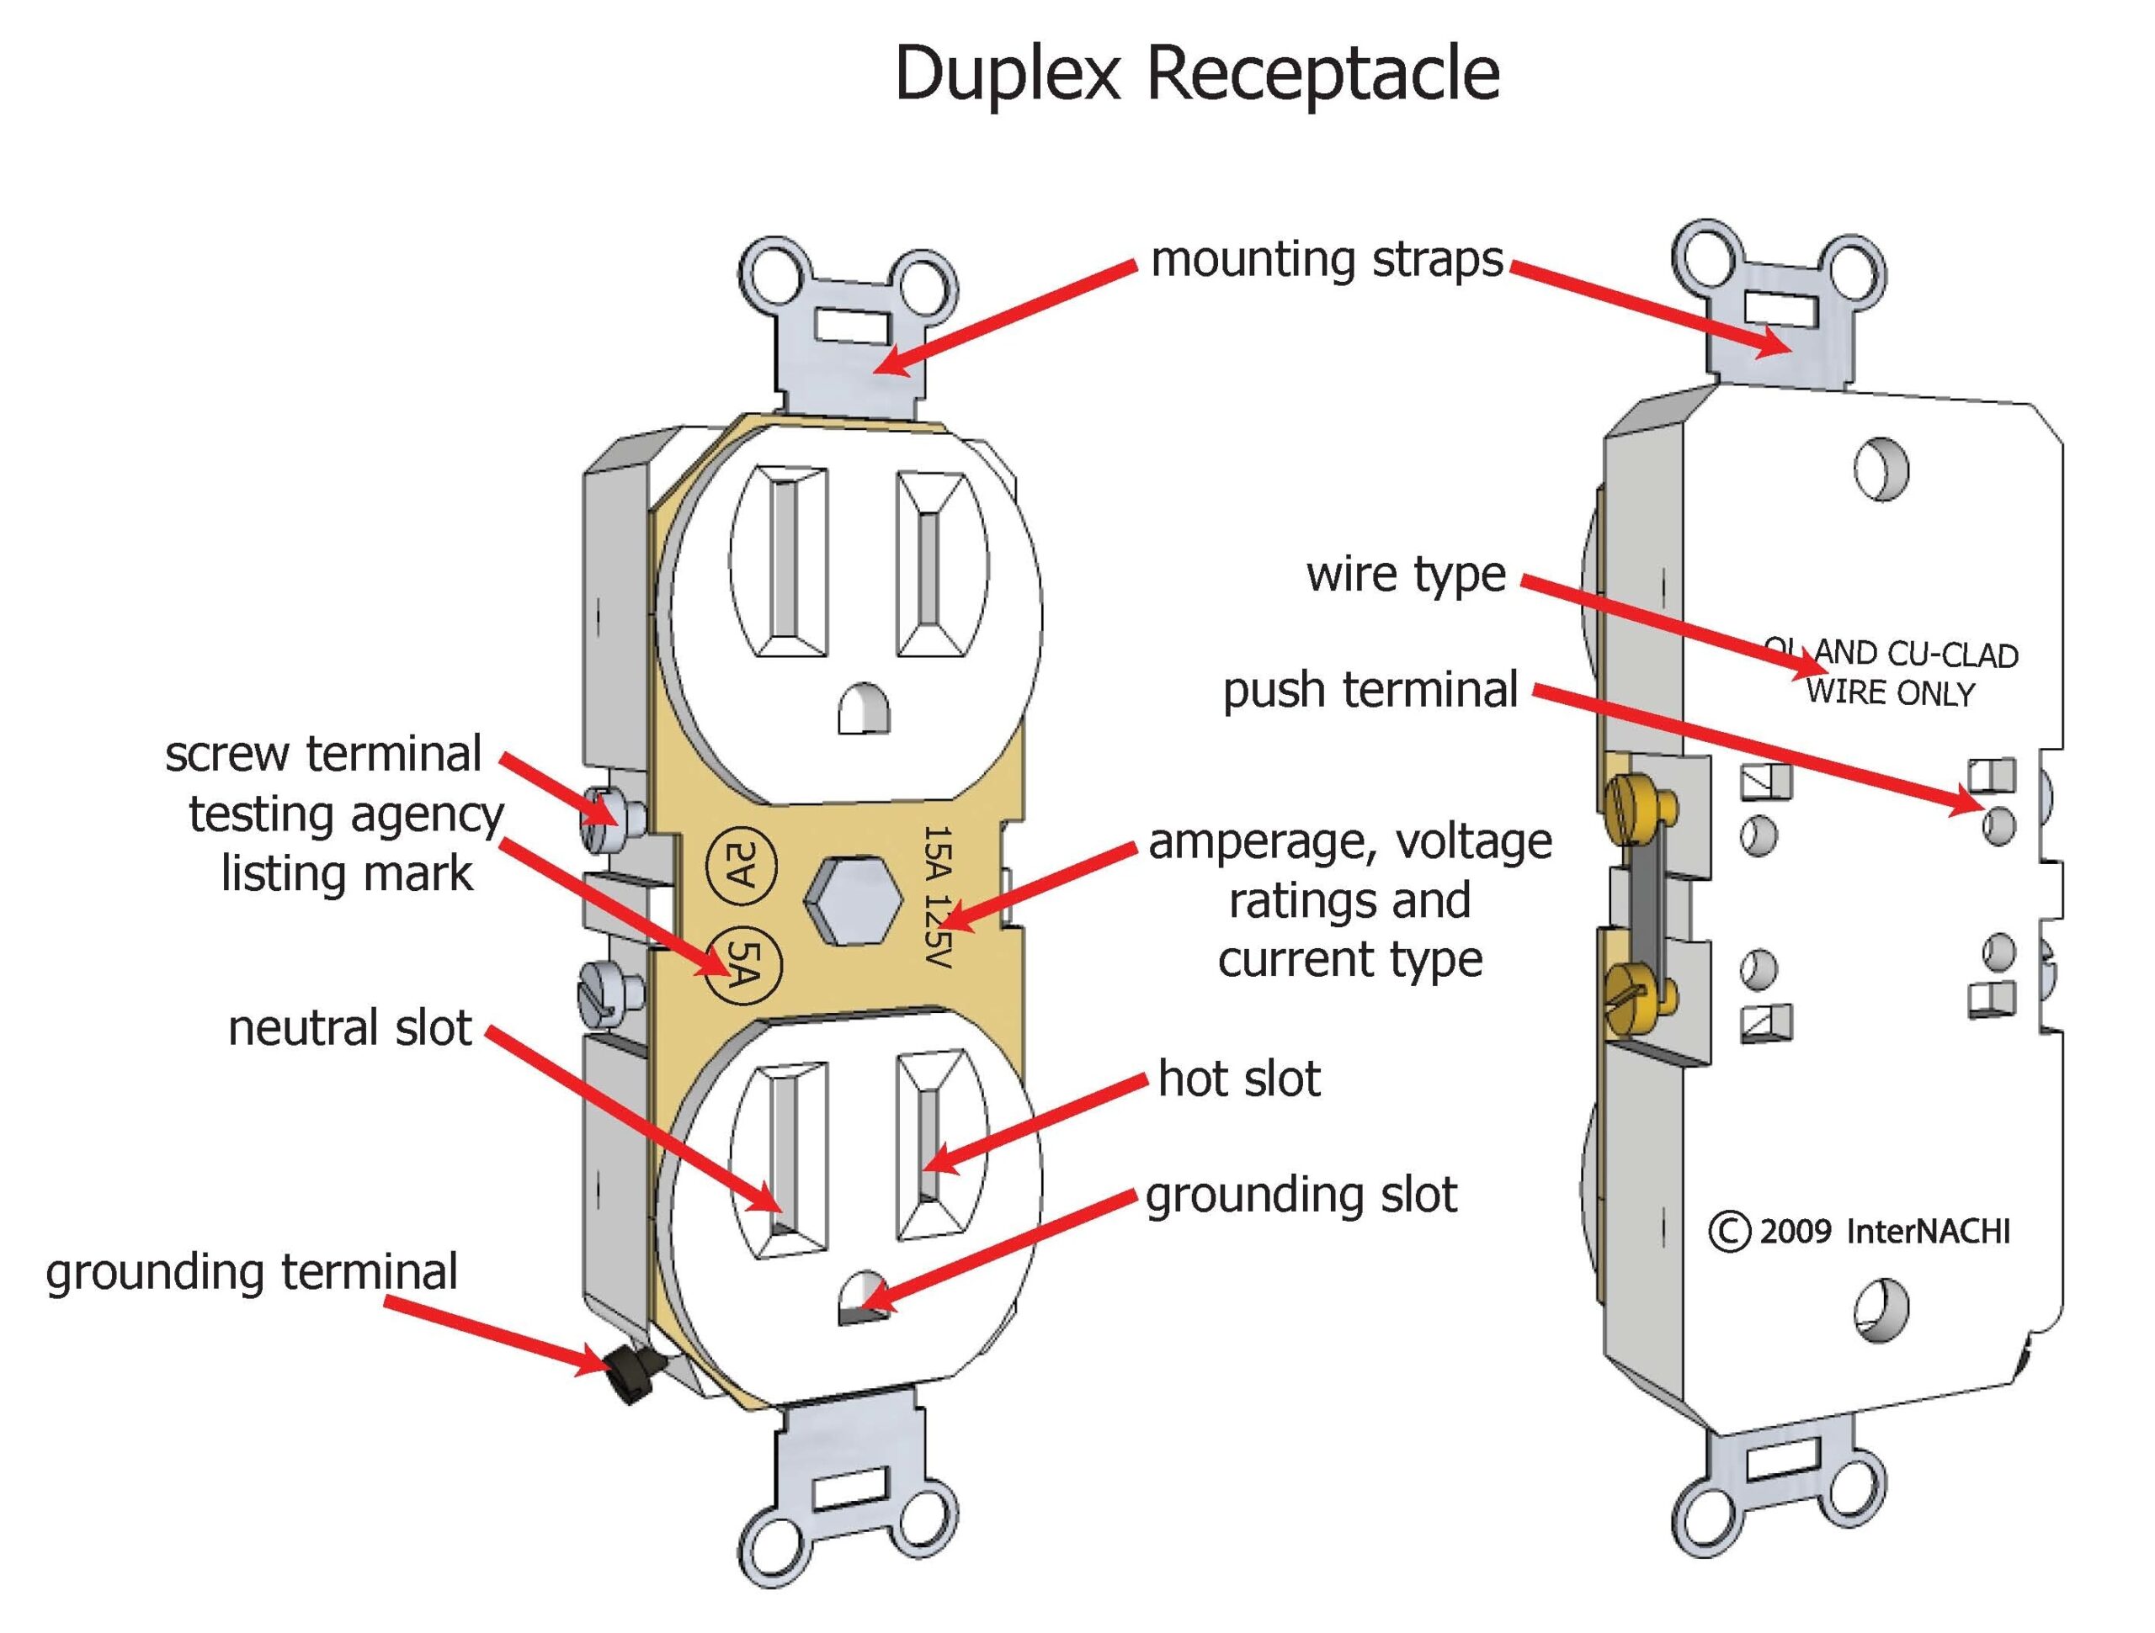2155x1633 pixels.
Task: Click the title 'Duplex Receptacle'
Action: click(1196, 74)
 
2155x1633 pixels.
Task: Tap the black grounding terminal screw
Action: click(631, 1375)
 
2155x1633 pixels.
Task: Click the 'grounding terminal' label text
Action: click(252, 1273)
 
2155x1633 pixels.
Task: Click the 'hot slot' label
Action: click(1239, 1079)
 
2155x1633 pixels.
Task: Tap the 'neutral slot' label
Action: click(349, 1028)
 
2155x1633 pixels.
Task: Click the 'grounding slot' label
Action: click(1301, 1196)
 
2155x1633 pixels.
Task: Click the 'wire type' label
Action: click(1406, 575)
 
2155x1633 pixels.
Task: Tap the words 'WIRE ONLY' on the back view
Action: click(1889, 693)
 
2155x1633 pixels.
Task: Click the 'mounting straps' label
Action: click(1327, 260)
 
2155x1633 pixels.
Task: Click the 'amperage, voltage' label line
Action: click(1349, 842)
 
